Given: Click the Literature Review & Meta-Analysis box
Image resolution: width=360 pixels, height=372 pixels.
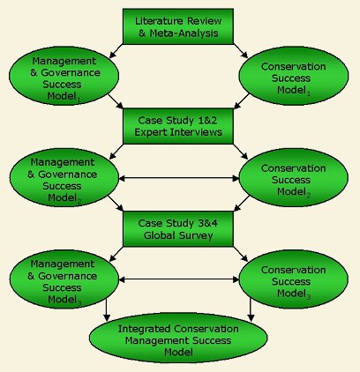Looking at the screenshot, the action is point(178,26).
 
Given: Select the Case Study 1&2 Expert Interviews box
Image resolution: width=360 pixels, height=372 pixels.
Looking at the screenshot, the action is point(178,126).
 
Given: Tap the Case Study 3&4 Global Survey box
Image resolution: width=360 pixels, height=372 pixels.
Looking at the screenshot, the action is point(178,228).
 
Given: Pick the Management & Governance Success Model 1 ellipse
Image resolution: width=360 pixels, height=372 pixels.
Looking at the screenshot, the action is point(64,76).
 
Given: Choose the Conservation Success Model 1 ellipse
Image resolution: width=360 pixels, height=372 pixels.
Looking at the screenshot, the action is point(294,76).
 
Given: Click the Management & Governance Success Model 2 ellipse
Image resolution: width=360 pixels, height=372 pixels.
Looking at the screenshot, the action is point(64,177).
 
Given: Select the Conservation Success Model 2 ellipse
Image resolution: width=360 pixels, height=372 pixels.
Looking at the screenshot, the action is point(294,177).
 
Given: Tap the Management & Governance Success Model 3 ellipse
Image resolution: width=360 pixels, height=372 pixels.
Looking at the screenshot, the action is point(64,279).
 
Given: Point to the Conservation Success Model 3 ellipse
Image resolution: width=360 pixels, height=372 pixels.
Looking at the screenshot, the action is point(294,279).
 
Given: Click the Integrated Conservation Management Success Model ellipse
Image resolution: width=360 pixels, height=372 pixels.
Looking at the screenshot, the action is point(178,338).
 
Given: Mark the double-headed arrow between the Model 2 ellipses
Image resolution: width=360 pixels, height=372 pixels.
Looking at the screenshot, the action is point(179,178).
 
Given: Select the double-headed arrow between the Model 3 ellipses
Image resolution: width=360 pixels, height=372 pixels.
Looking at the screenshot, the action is point(179,279).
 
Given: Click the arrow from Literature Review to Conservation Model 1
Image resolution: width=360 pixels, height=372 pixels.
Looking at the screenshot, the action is point(241,51).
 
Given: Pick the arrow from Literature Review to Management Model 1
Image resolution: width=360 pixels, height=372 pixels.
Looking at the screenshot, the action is point(116,51).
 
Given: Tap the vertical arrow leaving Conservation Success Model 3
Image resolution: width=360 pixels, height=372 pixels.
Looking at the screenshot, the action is point(251,309).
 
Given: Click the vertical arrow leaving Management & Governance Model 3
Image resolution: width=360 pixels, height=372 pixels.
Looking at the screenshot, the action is point(107,309).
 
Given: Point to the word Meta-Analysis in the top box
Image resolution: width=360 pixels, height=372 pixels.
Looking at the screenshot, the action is point(184,33).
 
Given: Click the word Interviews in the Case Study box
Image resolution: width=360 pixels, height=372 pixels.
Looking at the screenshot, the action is point(196,132).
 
